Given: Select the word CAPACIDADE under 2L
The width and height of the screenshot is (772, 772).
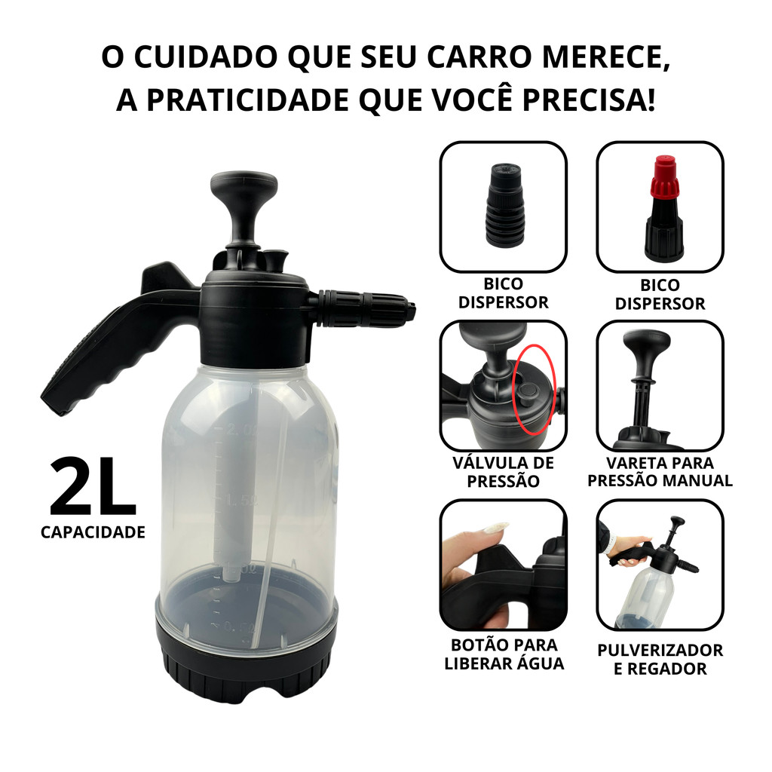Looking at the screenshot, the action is click(x=93, y=532).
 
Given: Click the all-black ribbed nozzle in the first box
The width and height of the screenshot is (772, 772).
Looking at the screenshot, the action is click(x=504, y=205).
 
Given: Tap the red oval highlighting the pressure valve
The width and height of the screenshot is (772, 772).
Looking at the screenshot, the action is click(x=534, y=390).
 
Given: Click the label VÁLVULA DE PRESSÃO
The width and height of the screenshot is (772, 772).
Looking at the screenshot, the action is click(x=503, y=472).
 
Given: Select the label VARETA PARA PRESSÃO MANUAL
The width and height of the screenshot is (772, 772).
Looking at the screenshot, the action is click(x=660, y=472).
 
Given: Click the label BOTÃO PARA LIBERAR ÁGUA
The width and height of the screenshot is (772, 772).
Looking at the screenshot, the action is click(x=504, y=654).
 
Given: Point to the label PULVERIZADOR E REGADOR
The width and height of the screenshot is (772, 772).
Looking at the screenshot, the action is click(x=660, y=659).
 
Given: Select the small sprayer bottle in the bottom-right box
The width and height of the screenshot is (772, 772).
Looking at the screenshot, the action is click(x=650, y=574).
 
